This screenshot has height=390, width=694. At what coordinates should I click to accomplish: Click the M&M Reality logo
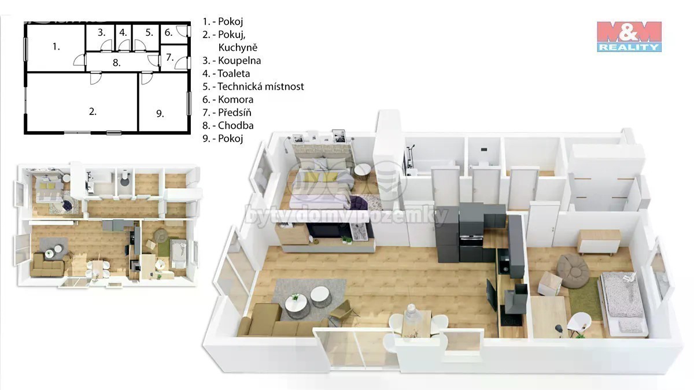(629, 36)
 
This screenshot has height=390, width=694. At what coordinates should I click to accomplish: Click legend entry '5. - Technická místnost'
(253, 86)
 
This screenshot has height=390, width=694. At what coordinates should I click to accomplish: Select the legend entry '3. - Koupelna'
(232, 60)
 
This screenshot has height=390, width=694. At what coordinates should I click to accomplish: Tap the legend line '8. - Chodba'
(228, 125)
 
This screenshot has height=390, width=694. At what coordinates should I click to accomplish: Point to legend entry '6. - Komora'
(228, 99)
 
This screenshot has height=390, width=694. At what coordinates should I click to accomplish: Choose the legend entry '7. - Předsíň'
(227, 112)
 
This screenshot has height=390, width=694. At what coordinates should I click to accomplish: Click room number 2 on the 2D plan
(93, 112)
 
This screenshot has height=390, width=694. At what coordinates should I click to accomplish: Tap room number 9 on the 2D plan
(160, 114)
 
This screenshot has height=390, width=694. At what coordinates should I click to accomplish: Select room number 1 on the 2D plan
(56, 47)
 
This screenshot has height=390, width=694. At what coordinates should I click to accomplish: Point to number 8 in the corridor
(116, 63)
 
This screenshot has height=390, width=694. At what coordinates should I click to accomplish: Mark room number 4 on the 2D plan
(123, 32)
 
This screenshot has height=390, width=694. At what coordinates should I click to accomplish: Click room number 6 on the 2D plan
(168, 32)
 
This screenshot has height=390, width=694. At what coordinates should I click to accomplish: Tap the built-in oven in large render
(471, 240)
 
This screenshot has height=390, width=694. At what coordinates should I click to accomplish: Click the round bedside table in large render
(362, 172)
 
